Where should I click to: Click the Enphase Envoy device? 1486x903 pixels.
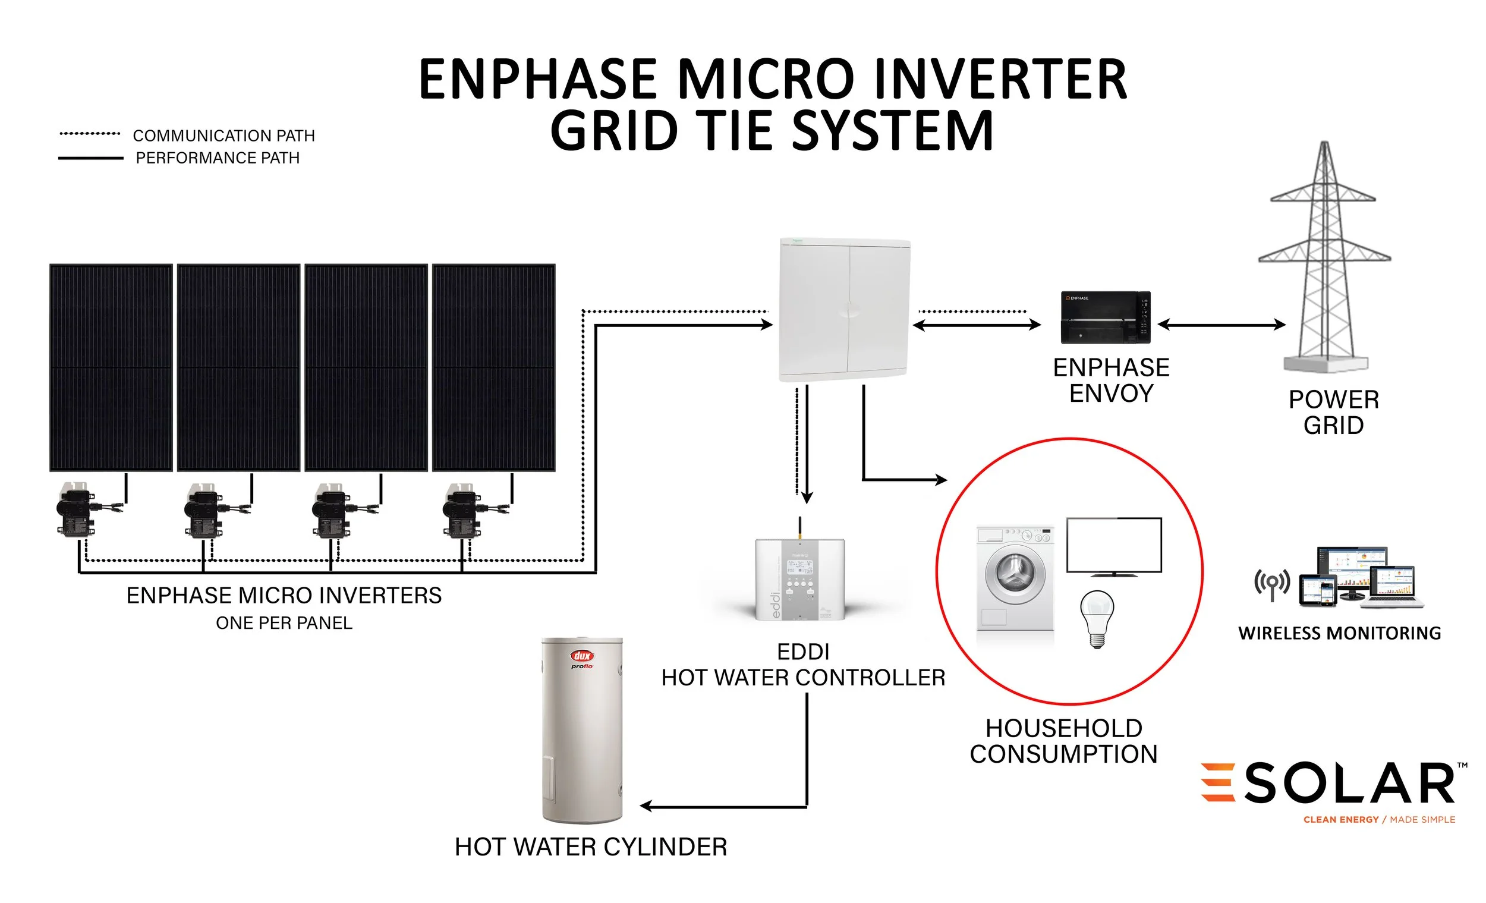click(1106, 318)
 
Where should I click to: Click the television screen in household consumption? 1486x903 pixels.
click(1114, 545)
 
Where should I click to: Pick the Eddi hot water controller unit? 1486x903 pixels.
click(799, 580)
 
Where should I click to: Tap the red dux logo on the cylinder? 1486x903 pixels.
click(582, 656)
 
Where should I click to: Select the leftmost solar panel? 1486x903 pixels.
click(111, 367)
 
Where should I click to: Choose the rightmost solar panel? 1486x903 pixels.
click(494, 367)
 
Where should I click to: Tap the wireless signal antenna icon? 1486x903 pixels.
click(1272, 583)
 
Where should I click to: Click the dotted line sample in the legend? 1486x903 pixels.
click(90, 134)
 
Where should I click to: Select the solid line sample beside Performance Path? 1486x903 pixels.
click(90, 158)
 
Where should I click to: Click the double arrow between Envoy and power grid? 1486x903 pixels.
click(1222, 325)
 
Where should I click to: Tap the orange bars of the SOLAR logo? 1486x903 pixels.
click(1217, 782)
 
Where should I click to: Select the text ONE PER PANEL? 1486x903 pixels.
click(284, 623)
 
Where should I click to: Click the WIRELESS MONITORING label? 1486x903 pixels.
click(1339, 633)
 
